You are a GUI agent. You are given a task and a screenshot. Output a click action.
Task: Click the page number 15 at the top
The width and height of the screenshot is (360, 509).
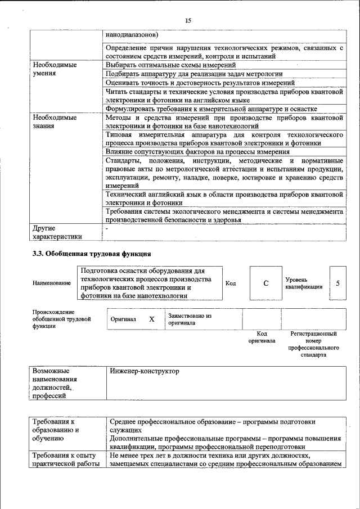click(188, 21)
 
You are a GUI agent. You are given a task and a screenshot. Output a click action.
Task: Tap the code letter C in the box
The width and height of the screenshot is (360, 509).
click(265, 283)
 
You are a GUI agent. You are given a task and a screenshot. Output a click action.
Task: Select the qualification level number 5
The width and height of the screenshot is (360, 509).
click(337, 283)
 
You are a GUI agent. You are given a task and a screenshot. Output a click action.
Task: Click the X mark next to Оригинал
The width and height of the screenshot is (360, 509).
click(151, 319)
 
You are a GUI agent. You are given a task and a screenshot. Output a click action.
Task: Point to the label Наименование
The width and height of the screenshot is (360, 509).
click(52, 283)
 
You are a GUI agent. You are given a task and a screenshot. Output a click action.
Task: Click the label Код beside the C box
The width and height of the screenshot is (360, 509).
click(231, 283)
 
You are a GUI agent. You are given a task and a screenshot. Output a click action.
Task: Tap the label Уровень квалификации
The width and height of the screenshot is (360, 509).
click(304, 283)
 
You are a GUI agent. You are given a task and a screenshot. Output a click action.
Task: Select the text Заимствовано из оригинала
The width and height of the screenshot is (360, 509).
click(189, 319)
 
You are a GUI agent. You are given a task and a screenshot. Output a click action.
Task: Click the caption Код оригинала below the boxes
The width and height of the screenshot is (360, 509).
click(262, 337)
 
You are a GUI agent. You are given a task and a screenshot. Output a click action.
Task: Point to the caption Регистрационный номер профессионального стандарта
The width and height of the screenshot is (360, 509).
click(313, 344)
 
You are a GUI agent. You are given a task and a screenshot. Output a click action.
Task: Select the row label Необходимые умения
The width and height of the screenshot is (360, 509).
click(55, 69)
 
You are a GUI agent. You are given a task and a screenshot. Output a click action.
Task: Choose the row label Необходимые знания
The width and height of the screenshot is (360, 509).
click(55, 122)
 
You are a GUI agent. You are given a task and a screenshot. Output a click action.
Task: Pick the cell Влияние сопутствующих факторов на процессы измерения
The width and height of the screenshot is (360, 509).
click(197, 152)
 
